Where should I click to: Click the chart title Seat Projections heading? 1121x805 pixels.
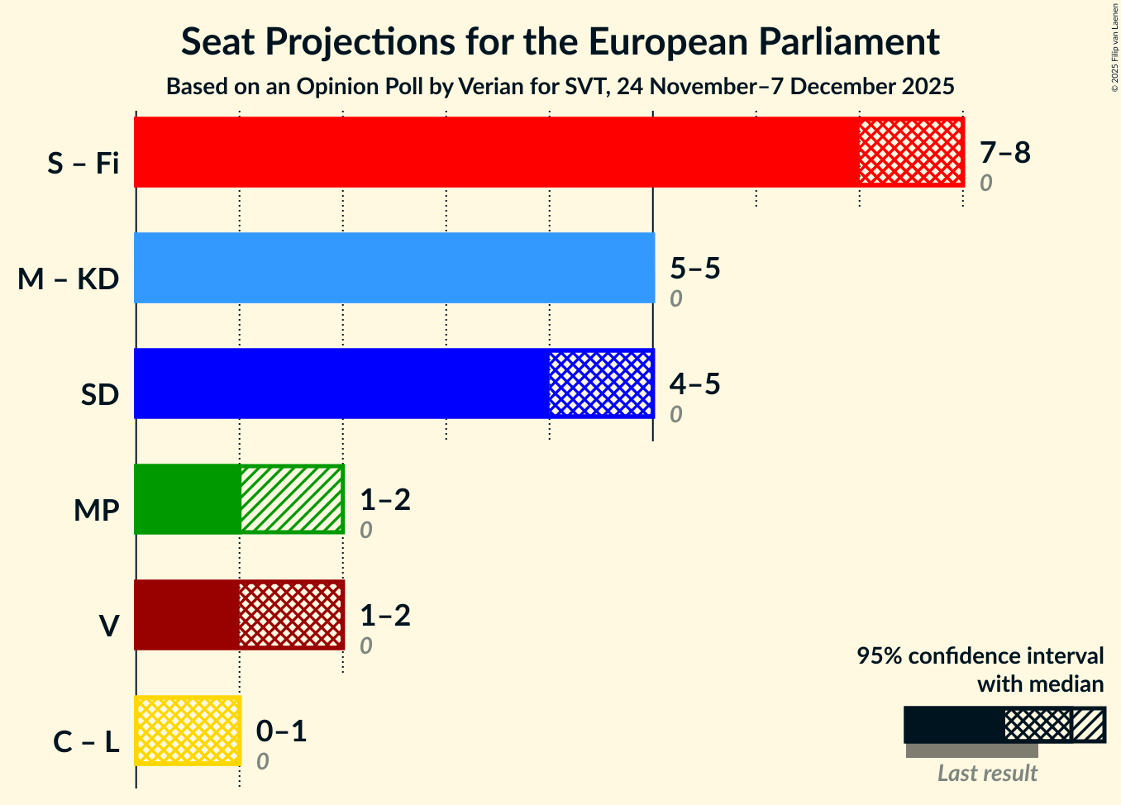560,41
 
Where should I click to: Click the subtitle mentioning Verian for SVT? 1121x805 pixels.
560,86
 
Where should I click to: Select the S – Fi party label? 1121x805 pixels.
83,164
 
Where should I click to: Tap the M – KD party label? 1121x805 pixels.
69,279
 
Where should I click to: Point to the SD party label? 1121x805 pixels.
100,395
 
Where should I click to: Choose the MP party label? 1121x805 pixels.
96,511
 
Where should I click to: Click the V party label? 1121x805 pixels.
108,626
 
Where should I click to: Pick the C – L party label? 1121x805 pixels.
86,742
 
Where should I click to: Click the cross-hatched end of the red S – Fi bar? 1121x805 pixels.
910,152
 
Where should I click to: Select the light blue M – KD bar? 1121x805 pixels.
394,268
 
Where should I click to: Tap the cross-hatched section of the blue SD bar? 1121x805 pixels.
600,383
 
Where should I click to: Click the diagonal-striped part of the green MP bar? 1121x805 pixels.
291,499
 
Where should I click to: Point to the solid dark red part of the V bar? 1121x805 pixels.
187,615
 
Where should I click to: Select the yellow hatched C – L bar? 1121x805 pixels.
188,731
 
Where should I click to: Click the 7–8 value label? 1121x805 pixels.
1004,152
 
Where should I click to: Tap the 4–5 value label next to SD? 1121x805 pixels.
694,383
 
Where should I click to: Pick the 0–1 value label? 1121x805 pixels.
281,731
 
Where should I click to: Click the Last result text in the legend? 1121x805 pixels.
987,774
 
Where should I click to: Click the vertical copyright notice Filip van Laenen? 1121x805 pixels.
1114,47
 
